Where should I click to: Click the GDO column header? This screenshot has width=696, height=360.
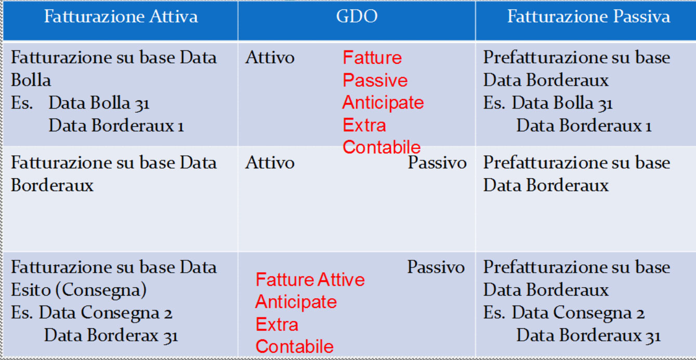[x=357, y=16]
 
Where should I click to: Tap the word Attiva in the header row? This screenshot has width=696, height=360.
[x=174, y=17]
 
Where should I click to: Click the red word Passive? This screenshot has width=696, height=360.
[x=375, y=80]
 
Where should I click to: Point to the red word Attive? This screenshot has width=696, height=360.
[x=341, y=279]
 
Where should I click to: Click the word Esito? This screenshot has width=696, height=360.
[x=31, y=290]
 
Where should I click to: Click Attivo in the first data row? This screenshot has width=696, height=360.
[x=270, y=58]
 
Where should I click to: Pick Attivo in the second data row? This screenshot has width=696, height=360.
[x=270, y=163]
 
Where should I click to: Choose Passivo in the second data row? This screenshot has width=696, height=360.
[x=437, y=163]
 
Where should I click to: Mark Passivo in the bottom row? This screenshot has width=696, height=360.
[x=436, y=267]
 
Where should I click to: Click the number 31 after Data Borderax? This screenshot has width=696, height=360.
[x=170, y=337]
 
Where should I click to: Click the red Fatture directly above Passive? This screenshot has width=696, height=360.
[x=372, y=58]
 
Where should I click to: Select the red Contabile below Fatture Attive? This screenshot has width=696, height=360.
[x=294, y=346]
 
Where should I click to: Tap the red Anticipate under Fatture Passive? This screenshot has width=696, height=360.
[x=383, y=103]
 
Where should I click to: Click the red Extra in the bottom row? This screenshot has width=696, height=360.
[x=277, y=324]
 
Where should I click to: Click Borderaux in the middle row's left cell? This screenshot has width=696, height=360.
[x=52, y=185]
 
